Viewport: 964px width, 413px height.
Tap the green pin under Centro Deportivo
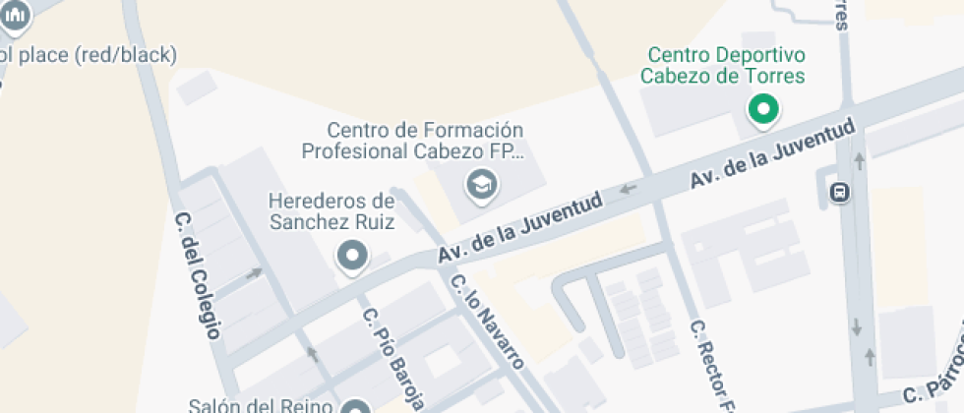coord(762,109)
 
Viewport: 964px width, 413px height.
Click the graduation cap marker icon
coord(481,183)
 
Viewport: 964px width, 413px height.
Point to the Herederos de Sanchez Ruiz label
coord(331,211)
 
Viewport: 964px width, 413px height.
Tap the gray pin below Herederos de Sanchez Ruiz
coord(351,258)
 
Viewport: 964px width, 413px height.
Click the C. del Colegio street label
coord(197,275)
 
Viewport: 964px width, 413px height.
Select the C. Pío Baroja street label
coord(393,360)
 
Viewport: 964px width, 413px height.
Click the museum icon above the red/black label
coord(16,13)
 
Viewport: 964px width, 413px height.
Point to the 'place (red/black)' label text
coord(89,54)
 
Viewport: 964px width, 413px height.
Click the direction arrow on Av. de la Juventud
coord(627,187)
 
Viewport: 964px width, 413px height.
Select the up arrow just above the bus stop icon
coord(859,158)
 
